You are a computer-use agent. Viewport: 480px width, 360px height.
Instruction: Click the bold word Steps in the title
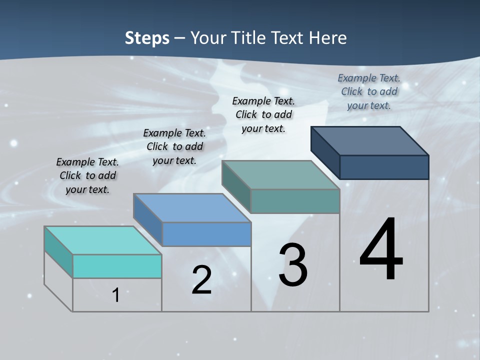(147, 38)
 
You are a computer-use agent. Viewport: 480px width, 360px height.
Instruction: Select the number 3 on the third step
(293, 265)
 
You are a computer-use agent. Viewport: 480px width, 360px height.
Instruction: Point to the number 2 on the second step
(201, 280)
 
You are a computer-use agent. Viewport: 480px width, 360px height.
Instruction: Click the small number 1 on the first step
(116, 295)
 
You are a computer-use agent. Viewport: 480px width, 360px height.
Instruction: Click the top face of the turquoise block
(103, 240)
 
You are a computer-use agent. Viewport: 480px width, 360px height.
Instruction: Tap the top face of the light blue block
(192, 208)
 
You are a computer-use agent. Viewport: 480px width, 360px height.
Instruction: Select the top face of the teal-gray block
(281, 175)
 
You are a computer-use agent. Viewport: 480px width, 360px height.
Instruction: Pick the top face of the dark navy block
(370, 141)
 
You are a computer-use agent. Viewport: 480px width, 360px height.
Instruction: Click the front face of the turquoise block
(117, 266)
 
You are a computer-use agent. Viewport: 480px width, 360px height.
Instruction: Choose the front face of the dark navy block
(384, 167)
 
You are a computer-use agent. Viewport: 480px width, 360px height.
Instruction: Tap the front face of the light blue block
(206, 234)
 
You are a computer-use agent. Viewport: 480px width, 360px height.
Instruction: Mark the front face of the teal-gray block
(295, 201)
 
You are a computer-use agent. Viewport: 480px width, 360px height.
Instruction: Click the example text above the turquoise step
(87, 176)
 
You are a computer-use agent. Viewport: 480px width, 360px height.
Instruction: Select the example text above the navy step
(369, 91)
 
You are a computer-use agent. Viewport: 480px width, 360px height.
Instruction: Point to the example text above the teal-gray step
(263, 114)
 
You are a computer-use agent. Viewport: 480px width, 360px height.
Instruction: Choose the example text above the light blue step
(174, 146)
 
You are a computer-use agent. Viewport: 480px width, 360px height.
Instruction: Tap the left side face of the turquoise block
(58, 252)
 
